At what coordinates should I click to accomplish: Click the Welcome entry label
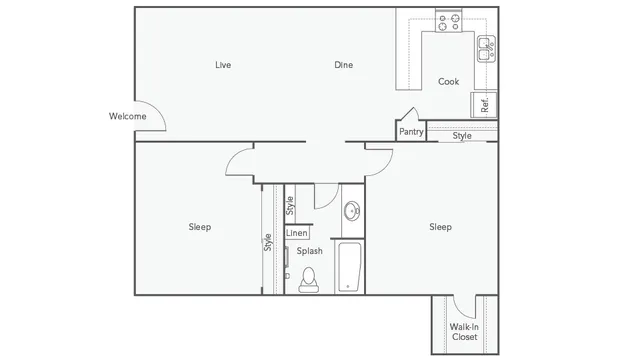(x=127, y=116)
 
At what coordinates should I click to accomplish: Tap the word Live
(x=223, y=65)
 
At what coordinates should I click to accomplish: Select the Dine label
(x=343, y=65)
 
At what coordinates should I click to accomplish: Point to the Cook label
(x=449, y=81)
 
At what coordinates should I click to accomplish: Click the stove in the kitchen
(x=449, y=20)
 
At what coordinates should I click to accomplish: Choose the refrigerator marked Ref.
(x=484, y=103)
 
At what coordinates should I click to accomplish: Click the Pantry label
(x=411, y=131)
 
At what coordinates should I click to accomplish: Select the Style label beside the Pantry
(x=462, y=135)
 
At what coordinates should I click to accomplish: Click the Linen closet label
(x=297, y=233)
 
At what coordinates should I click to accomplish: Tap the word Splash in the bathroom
(x=309, y=251)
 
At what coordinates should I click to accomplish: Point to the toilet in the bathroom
(x=308, y=277)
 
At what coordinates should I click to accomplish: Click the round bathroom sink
(x=352, y=211)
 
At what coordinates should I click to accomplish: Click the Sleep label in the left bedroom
(x=200, y=227)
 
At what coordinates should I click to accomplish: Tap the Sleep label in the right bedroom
(x=440, y=227)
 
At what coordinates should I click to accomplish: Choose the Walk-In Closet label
(x=463, y=332)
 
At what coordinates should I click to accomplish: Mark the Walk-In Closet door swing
(x=463, y=306)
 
